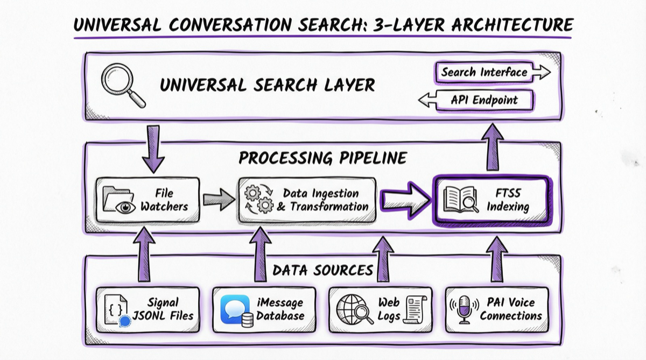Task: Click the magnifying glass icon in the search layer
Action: (x=121, y=84)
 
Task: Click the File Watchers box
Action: (x=148, y=199)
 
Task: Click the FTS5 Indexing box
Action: (x=490, y=200)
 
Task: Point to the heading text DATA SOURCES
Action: (x=322, y=270)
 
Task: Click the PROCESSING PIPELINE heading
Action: (x=322, y=158)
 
